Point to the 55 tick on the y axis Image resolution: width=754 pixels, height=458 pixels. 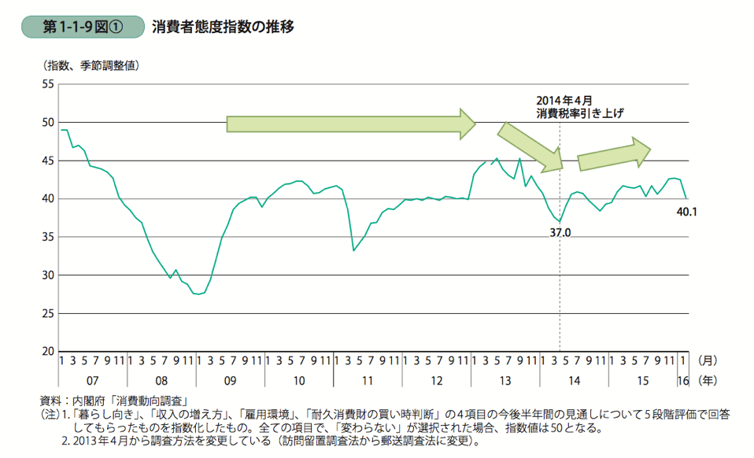(46, 84)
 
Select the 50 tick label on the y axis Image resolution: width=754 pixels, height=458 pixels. (46, 122)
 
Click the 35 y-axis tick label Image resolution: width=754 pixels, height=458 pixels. (46, 237)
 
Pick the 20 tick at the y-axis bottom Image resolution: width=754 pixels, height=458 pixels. (46, 351)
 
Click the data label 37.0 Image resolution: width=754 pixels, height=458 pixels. (560, 233)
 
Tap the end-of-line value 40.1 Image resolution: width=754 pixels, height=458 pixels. (687, 211)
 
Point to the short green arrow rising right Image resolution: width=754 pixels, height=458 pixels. (614, 154)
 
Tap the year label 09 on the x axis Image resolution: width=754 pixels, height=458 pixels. (231, 381)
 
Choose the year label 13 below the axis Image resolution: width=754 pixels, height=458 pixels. (505, 381)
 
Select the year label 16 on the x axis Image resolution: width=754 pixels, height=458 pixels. (682, 381)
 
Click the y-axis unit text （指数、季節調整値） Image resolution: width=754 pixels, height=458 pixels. (87, 66)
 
